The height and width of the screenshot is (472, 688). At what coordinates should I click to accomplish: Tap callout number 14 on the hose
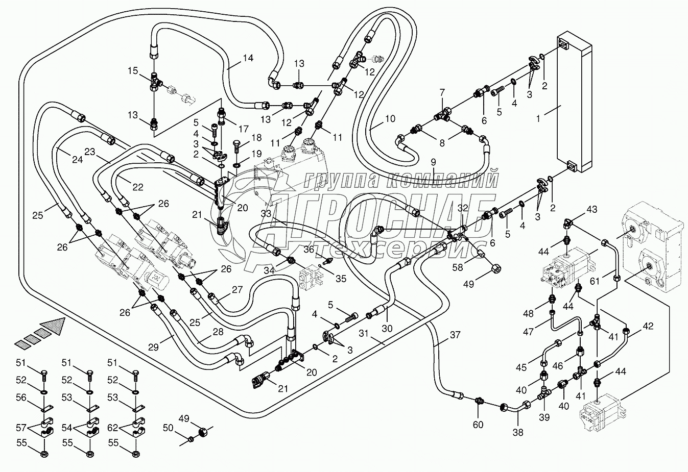pyautogui.click(x=248, y=58)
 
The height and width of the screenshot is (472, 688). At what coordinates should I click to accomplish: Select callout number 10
pyautogui.click(x=390, y=119)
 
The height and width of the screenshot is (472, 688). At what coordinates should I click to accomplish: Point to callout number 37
pyautogui.click(x=455, y=335)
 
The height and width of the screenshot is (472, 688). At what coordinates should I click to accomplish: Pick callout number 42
pyautogui.click(x=648, y=326)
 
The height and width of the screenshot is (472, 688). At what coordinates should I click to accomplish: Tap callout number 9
pyautogui.click(x=433, y=162)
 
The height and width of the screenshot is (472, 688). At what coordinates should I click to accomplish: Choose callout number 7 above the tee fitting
pyautogui.click(x=442, y=93)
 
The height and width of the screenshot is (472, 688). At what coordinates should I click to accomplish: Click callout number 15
pyautogui.click(x=133, y=71)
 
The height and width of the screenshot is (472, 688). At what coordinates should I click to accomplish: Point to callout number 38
pyautogui.click(x=518, y=433)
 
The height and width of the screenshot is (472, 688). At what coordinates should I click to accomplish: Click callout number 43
pyautogui.click(x=591, y=210)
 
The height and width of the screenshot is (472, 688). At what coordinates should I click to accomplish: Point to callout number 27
pyautogui.click(x=236, y=290)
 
